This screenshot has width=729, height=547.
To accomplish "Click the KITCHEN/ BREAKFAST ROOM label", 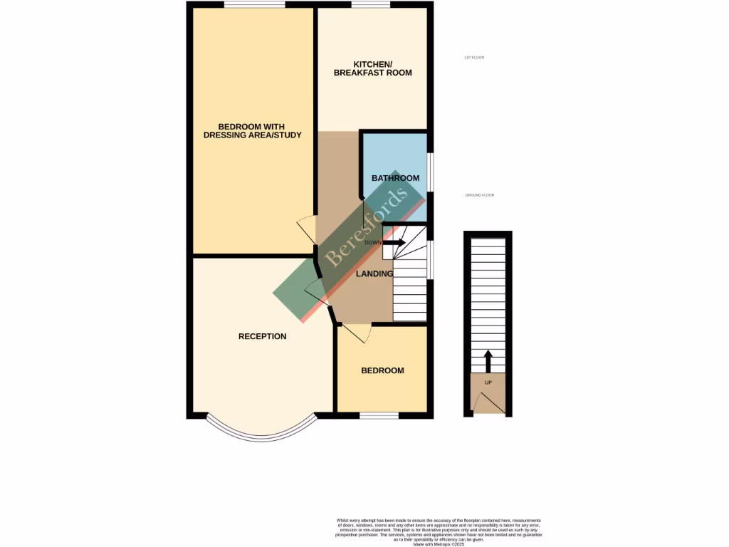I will [x=372, y=68].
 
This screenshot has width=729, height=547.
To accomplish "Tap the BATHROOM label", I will [x=395, y=178].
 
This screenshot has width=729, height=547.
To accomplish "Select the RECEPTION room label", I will [x=262, y=336].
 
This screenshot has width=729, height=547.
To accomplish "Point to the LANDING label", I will [x=374, y=273].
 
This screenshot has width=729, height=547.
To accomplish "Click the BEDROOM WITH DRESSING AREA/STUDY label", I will [x=252, y=131].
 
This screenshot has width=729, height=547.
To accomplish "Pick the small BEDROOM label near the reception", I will [x=382, y=370].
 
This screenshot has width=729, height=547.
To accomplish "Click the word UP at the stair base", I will [x=488, y=382].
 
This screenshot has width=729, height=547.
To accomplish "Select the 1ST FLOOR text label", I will [x=474, y=58].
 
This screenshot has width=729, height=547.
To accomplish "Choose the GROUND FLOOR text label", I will [x=479, y=195].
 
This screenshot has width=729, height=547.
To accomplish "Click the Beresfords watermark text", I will [x=366, y=226].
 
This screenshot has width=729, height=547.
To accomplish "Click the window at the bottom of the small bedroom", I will [x=379, y=415].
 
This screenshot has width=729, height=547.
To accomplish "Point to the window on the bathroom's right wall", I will [x=430, y=172].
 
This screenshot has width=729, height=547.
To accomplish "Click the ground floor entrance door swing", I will [x=489, y=403].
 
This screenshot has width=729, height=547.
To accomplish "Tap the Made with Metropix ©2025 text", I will [x=439, y=544].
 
